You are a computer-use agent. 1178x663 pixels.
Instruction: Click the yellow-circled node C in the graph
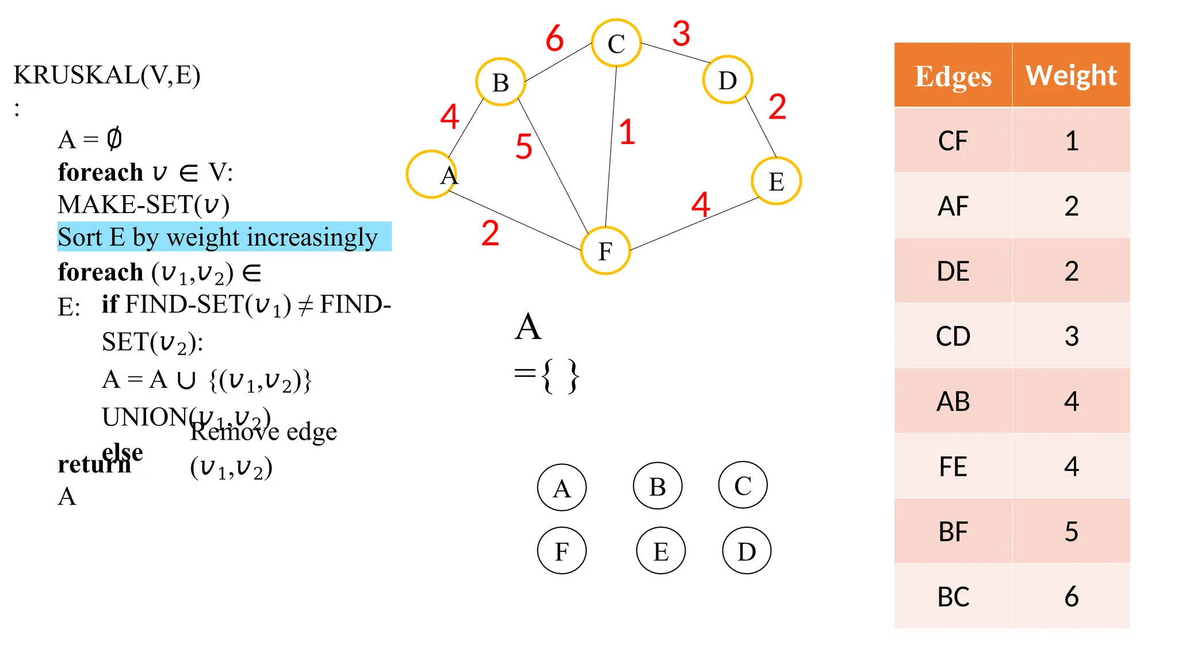(616, 43)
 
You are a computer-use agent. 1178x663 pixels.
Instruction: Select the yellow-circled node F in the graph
(605, 251)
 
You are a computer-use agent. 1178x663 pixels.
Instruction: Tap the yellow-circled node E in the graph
(776, 181)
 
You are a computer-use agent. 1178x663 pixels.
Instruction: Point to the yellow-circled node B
(500, 82)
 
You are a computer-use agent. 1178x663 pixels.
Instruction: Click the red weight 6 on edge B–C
(554, 39)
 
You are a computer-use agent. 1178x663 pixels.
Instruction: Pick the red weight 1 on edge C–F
(627, 132)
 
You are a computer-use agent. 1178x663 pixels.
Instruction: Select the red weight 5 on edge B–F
(523, 146)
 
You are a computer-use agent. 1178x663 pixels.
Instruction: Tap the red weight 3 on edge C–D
(681, 33)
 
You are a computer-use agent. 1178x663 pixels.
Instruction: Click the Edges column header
(953, 75)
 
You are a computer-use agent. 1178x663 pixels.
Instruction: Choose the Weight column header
(1071, 75)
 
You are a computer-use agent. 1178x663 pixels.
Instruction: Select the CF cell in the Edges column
(953, 141)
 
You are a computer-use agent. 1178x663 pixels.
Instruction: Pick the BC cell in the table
(953, 597)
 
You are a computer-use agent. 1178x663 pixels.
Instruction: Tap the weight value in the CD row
(1071, 336)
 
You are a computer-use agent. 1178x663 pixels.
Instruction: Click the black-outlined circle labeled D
(747, 551)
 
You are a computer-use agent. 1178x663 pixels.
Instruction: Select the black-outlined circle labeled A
(561, 488)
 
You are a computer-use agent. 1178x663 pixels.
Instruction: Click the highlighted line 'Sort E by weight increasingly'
(219, 237)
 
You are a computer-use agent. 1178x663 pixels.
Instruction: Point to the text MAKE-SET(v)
(144, 205)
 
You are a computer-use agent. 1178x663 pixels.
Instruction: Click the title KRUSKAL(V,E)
(107, 75)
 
